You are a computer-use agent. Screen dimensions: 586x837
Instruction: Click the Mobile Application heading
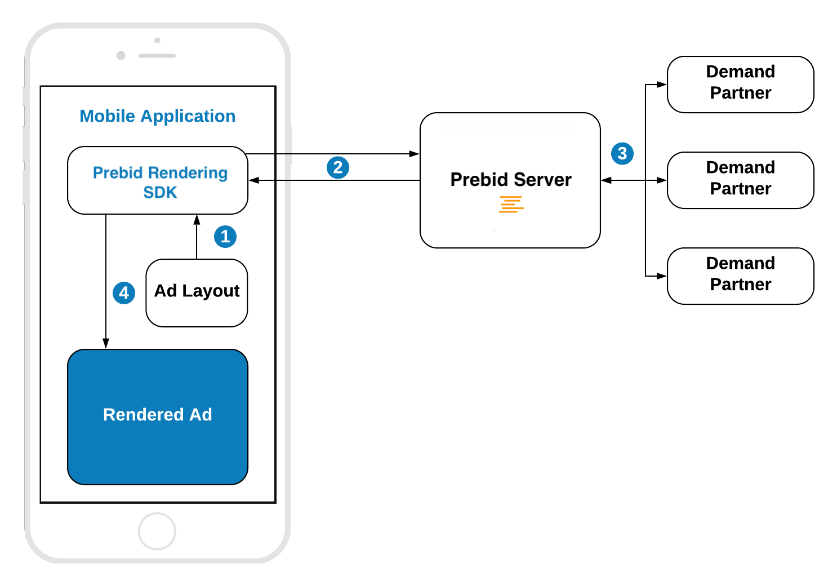click(157, 116)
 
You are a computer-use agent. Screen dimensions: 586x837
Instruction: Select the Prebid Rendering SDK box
click(158, 181)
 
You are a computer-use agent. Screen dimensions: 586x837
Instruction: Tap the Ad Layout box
click(197, 292)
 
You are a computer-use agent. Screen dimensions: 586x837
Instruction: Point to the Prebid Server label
click(510, 180)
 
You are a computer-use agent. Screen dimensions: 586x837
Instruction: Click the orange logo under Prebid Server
click(511, 204)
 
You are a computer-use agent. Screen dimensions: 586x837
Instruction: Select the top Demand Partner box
click(740, 84)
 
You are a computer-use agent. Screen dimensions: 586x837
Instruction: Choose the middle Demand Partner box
click(740, 180)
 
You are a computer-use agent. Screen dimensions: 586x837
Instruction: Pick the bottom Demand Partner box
click(740, 276)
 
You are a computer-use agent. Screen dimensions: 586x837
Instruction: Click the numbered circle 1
click(225, 237)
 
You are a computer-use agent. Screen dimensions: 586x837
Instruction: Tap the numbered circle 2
click(338, 167)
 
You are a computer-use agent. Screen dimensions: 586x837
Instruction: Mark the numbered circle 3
click(622, 153)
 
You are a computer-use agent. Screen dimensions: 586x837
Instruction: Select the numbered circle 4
click(124, 293)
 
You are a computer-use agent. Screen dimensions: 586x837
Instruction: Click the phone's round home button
click(157, 531)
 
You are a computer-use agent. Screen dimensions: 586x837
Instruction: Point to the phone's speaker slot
click(157, 56)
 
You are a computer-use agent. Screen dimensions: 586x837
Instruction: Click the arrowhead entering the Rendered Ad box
click(106, 343)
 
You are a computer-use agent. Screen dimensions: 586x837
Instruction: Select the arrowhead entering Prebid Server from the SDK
click(414, 153)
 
